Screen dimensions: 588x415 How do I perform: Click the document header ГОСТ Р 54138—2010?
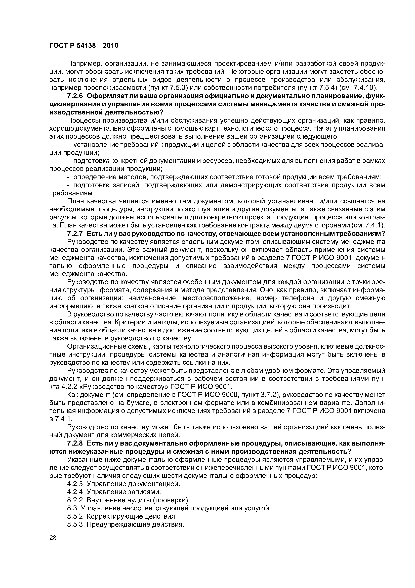click(84, 46)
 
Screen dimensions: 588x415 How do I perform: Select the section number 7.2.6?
click(76, 96)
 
